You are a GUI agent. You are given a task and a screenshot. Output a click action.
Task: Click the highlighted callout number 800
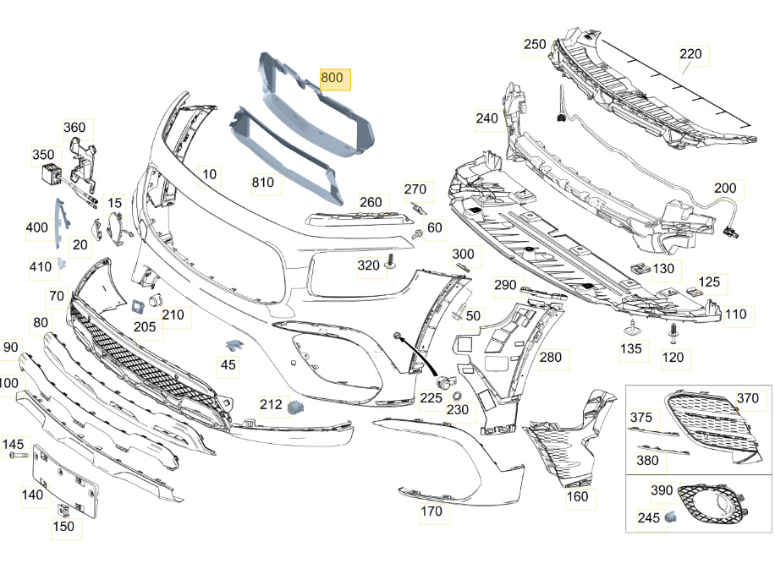tap(332, 78)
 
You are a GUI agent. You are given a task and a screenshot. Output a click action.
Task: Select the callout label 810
tap(263, 183)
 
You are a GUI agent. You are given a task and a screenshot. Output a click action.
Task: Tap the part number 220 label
tap(690, 54)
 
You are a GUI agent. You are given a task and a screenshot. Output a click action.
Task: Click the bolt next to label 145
tap(19, 454)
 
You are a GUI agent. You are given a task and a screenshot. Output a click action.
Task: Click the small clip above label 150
tap(63, 509)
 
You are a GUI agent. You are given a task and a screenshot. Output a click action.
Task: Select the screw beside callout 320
tap(392, 262)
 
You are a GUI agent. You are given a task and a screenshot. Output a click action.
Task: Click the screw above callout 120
tap(673, 333)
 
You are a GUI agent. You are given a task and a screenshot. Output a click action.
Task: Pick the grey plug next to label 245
tap(669, 517)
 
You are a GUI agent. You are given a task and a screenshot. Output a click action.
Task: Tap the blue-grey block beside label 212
tap(296, 407)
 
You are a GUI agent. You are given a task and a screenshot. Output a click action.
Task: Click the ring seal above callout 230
tap(457, 395)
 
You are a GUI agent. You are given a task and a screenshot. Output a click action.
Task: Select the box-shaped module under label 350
tap(51, 174)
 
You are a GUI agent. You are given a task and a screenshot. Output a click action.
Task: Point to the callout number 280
tap(551, 358)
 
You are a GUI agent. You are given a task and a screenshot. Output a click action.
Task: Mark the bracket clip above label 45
tap(233, 345)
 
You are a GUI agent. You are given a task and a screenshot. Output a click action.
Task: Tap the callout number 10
tap(210, 174)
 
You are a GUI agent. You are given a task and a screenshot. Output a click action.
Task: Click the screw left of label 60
tap(418, 233)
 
